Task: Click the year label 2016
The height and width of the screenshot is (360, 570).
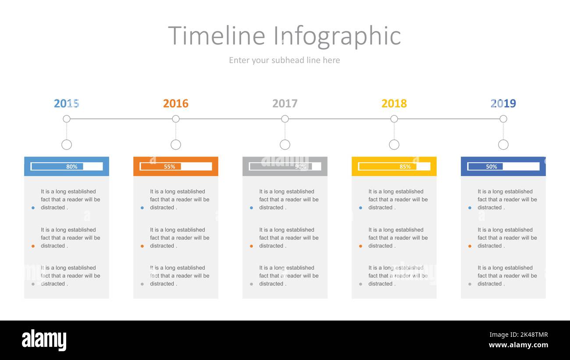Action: coord(175,103)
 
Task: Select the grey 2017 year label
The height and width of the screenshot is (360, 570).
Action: coord(285,103)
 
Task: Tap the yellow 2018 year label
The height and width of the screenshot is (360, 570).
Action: coord(394,103)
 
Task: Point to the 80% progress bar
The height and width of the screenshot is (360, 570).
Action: coord(67,167)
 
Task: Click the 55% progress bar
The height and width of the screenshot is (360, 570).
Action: coord(176,167)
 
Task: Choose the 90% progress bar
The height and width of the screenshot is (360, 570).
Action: coord(285,167)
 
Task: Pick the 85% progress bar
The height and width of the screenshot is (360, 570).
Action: coord(394,167)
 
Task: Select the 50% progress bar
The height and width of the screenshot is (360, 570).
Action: coord(503,167)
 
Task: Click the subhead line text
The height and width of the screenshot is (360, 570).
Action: coord(284,60)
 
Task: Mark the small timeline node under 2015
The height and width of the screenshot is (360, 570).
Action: coord(67,119)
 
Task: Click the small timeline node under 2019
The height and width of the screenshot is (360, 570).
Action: coord(503,119)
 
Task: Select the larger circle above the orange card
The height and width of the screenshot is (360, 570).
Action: coord(176,145)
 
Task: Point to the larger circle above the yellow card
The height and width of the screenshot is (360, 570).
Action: coord(394,145)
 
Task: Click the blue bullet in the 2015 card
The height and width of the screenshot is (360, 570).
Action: coord(33,208)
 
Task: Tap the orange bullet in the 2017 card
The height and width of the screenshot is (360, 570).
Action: coord(251,246)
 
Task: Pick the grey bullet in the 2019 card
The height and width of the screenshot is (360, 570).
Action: coord(470,284)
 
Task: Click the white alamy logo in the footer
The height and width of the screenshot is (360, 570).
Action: coord(44,340)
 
